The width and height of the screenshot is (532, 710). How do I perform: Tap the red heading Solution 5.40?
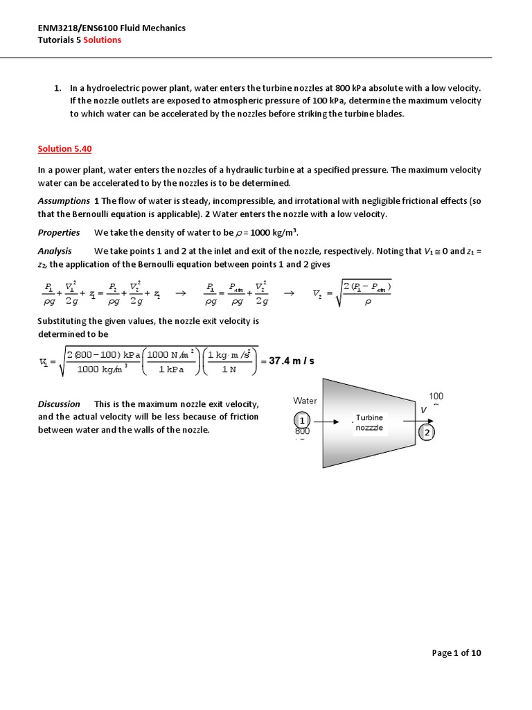click(x=64, y=149)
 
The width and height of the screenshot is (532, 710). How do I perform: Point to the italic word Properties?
click(x=58, y=232)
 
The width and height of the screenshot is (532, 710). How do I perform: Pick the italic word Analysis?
click(x=55, y=251)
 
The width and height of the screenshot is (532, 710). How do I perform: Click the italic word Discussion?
click(x=59, y=404)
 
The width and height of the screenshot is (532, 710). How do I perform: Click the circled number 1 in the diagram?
click(x=302, y=420)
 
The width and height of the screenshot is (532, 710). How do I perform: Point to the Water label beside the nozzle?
click(x=305, y=401)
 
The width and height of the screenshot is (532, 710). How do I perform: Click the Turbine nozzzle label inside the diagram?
click(x=369, y=423)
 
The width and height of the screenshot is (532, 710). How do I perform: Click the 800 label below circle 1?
click(x=303, y=432)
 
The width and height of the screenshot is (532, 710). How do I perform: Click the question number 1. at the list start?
click(x=58, y=88)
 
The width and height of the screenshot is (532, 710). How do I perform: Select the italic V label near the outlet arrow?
click(x=423, y=410)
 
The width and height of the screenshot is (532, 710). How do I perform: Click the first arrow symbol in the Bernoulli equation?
click(x=181, y=293)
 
